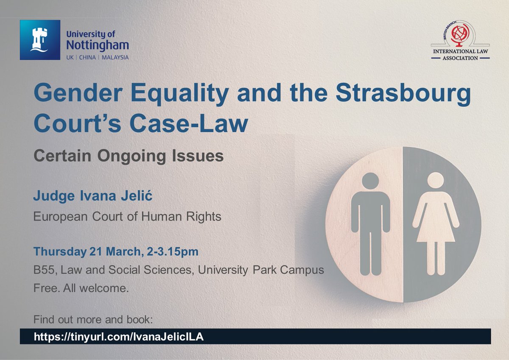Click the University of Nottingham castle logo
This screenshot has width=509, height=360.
pyautogui.click(x=40, y=40)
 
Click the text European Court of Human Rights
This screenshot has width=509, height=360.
pyautogui.click(x=127, y=217)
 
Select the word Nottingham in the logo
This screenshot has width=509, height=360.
pyautogui.click(x=98, y=45)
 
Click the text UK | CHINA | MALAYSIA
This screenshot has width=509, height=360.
pyautogui.click(x=97, y=57)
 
